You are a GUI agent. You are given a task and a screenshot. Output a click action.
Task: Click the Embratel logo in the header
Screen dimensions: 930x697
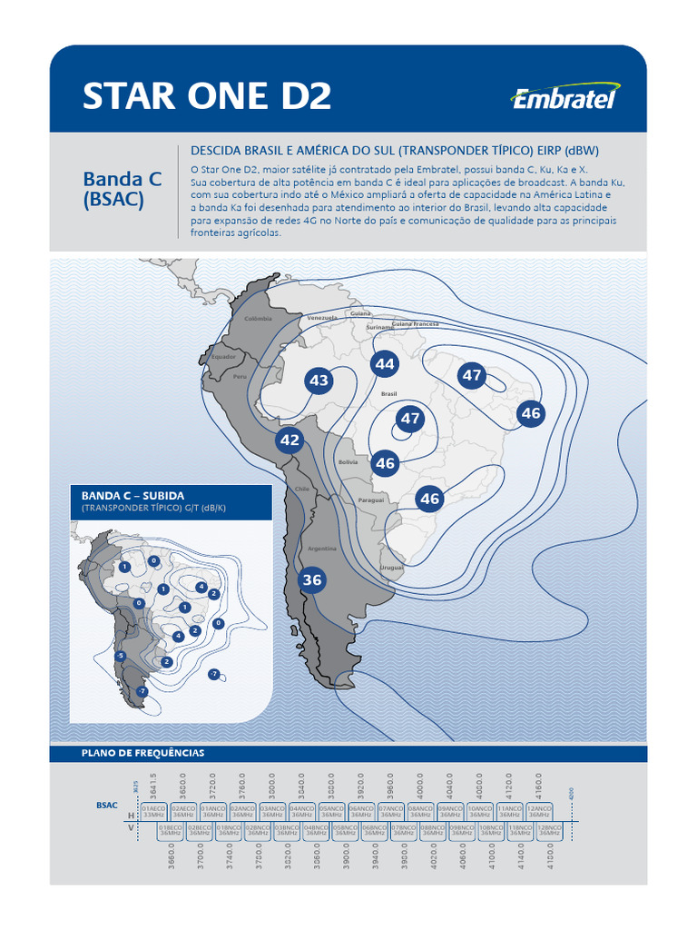[564, 97]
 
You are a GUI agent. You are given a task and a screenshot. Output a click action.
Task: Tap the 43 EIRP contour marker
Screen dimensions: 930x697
[319, 381]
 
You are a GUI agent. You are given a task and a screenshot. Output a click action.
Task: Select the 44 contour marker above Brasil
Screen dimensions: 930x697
[385, 364]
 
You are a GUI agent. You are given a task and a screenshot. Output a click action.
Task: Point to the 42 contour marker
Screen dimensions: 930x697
[290, 440]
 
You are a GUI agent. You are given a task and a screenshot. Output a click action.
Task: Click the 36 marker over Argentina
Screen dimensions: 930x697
[311, 579]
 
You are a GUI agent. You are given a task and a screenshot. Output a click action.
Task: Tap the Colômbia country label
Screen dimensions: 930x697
[259, 319]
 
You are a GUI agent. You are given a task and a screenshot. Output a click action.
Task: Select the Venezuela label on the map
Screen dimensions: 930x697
[322, 318]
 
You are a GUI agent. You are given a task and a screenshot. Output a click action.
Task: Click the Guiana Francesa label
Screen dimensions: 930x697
[415, 324]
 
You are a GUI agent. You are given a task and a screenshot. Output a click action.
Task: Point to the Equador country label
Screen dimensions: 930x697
[223, 357]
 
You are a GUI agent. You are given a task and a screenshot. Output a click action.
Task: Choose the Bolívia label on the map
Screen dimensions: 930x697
[348, 462]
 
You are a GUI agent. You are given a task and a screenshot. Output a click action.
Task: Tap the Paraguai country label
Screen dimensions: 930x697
[371, 500]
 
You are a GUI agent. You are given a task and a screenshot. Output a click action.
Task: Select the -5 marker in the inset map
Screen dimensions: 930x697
[120, 656]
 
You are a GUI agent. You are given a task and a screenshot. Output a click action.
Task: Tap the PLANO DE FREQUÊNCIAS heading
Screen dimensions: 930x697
[142, 753]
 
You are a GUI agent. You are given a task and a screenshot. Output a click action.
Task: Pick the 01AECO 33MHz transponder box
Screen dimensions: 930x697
[153, 811]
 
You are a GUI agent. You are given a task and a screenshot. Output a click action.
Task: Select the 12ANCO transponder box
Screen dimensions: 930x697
[540, 811]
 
